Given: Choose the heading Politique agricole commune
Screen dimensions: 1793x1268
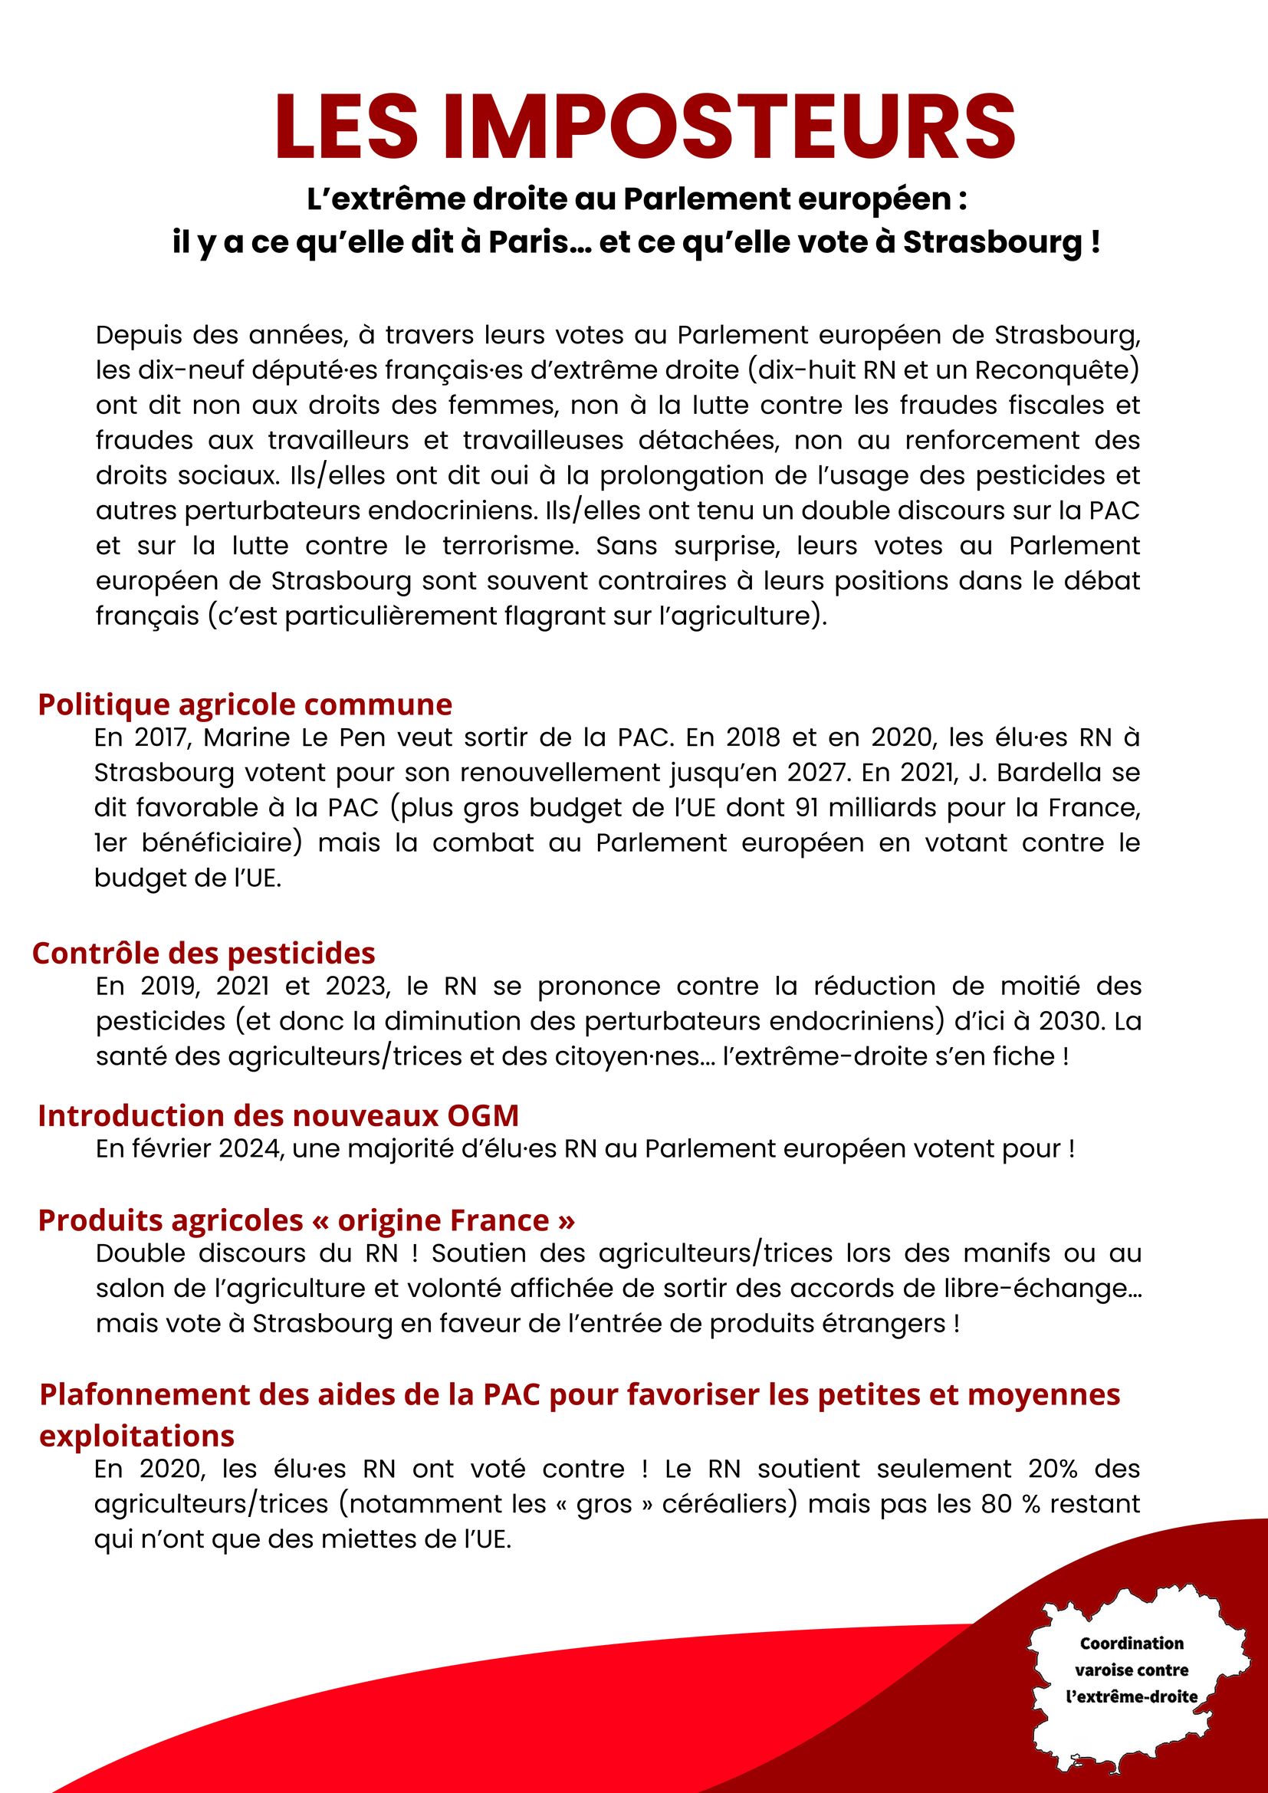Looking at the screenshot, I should (245, 704).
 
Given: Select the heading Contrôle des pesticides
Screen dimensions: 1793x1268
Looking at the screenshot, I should (204, 953).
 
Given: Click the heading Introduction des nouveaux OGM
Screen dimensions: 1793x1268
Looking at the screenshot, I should (278, 1115).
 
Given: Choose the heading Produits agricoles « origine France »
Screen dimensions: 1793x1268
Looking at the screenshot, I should (306, 1220).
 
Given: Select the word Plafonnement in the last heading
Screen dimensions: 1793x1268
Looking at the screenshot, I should (138, 1394).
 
